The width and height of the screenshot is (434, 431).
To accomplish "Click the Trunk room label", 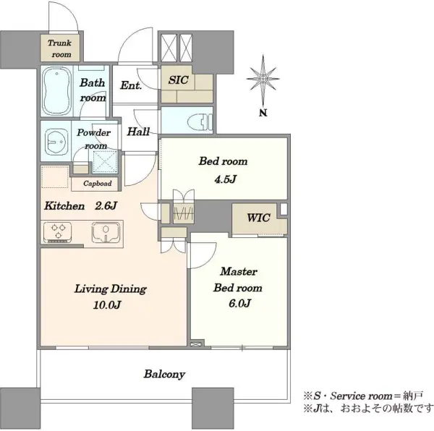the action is [59, 48].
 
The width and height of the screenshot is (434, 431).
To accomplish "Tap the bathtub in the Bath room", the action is [57, 91].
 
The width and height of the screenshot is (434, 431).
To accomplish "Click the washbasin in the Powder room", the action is [56, 141].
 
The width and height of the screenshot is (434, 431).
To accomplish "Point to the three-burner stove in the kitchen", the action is [58, 233].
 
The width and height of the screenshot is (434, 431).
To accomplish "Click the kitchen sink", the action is [106, 233].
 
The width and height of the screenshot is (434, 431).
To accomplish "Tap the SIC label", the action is [179, 80].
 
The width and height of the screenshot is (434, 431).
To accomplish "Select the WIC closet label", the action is [258, 218].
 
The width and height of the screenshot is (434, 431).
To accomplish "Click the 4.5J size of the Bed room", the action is [225, 179].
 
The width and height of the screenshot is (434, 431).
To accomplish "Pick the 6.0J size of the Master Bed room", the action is [239, 304].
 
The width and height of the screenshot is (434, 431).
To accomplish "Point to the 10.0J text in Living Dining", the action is [107, 305].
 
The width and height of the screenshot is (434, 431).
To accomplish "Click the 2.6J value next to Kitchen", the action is [106, 206].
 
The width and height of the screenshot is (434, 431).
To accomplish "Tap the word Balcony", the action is [164, 375].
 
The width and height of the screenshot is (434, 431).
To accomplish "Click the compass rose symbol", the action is [263, 79].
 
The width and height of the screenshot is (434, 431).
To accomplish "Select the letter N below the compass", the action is [263, 113].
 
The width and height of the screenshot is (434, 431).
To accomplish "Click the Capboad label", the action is [98, 184].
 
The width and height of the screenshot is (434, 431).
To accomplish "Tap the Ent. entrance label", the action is [131, 85].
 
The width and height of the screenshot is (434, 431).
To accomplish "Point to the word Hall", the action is [138, 132].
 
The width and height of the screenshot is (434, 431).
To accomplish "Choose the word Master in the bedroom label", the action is [239, 271].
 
